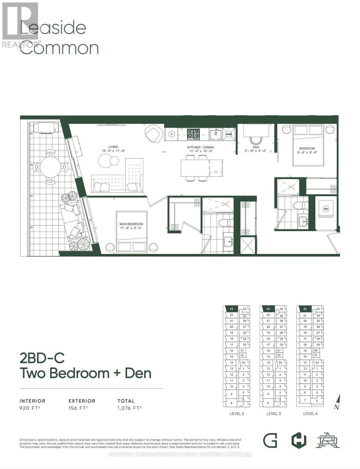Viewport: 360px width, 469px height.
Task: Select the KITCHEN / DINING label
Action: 199,147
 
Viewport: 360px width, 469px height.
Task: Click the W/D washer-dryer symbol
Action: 326,209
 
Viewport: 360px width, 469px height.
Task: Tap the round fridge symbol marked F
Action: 171,134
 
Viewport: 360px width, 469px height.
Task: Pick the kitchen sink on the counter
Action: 215,134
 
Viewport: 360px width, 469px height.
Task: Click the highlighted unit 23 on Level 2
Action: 232,308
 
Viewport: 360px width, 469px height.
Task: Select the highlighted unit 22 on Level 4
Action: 305,308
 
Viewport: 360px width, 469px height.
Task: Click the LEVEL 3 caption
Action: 274,414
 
